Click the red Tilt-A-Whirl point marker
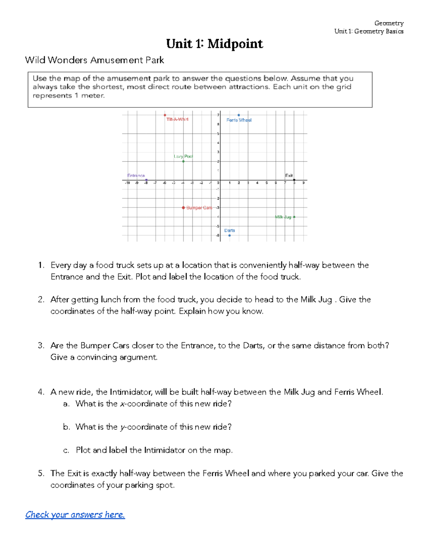(165, 115)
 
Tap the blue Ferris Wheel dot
(239, 115)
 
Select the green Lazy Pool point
(183, 161)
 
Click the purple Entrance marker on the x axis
(146, 180)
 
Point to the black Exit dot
(294, 180)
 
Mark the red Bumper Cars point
(183, 208)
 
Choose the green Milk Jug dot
(294, 217)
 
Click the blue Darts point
(230, 235)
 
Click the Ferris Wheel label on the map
(239, 120)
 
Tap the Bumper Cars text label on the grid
(199, 208)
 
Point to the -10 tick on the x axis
(127, 183)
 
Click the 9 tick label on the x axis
(304, 183)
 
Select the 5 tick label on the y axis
(218, 134)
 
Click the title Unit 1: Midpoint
(214, 44)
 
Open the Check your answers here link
(75, 514)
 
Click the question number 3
(41, 345)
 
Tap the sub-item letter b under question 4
(66, 427)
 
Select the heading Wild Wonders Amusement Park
(94, 60)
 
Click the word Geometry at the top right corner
(389, 23)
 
